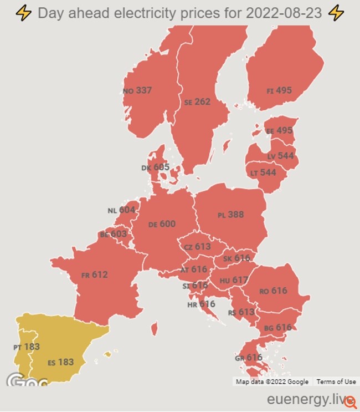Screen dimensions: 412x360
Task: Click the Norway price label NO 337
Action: (137, 90)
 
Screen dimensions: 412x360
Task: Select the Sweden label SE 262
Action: (197, 102)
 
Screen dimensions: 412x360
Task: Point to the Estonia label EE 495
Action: (279, 131)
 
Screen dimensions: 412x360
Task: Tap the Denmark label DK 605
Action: (155, 167)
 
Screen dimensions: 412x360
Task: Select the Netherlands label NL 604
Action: (121, 210)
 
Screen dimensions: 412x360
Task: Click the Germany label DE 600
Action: (162, 224)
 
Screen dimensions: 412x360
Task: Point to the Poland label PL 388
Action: (230, 215)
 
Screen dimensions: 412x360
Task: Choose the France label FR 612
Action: (94, 274)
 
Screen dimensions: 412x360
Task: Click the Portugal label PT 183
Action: (27, 347)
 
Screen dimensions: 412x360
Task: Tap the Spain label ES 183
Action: (60, 362)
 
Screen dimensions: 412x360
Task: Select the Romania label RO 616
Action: (273, 291)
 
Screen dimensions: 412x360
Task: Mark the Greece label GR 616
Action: (248, 358)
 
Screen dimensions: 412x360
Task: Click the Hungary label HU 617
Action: (234, 281)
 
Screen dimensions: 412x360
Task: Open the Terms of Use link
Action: (336, 382)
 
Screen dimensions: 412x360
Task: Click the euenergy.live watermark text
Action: (307, 399)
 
